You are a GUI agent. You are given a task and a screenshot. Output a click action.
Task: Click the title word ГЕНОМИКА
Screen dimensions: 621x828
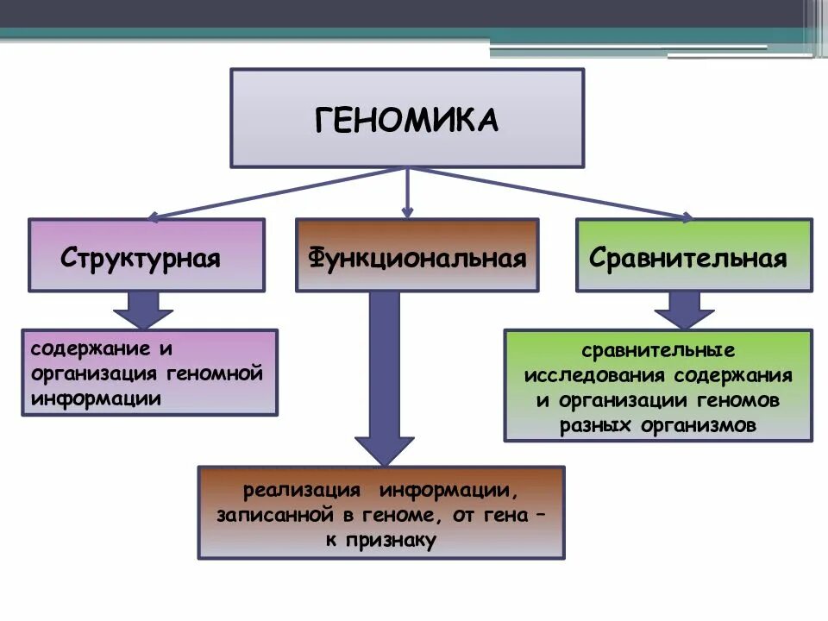pyautogui.click(x=406, y=119)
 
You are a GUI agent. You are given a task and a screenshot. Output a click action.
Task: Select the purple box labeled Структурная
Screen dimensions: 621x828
pyautogui.click(x=147, y=256)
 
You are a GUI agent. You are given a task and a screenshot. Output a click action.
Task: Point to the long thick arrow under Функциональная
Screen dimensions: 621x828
pyautogui.click(x=385, y=379)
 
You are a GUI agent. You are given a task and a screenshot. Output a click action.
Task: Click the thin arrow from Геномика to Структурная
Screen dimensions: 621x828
pyautogui.click(x=276, y=192)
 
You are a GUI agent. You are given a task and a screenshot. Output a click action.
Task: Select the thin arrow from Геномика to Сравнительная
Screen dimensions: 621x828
pyautogui.click(x=552, y=191)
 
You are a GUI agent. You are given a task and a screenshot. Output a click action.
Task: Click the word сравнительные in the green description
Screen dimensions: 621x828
pyautogui.click(x=657, y=352)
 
